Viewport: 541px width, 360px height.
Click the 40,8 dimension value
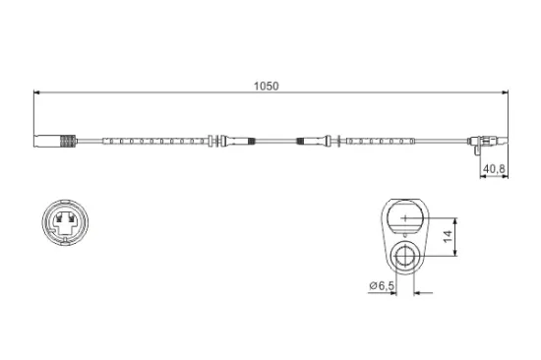point(492,169)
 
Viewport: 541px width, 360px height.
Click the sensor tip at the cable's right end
point(498,143)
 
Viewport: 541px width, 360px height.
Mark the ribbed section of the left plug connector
point(68,143)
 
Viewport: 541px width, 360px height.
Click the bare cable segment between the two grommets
point(275,143)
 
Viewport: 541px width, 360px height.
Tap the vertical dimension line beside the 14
point(453,237)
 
